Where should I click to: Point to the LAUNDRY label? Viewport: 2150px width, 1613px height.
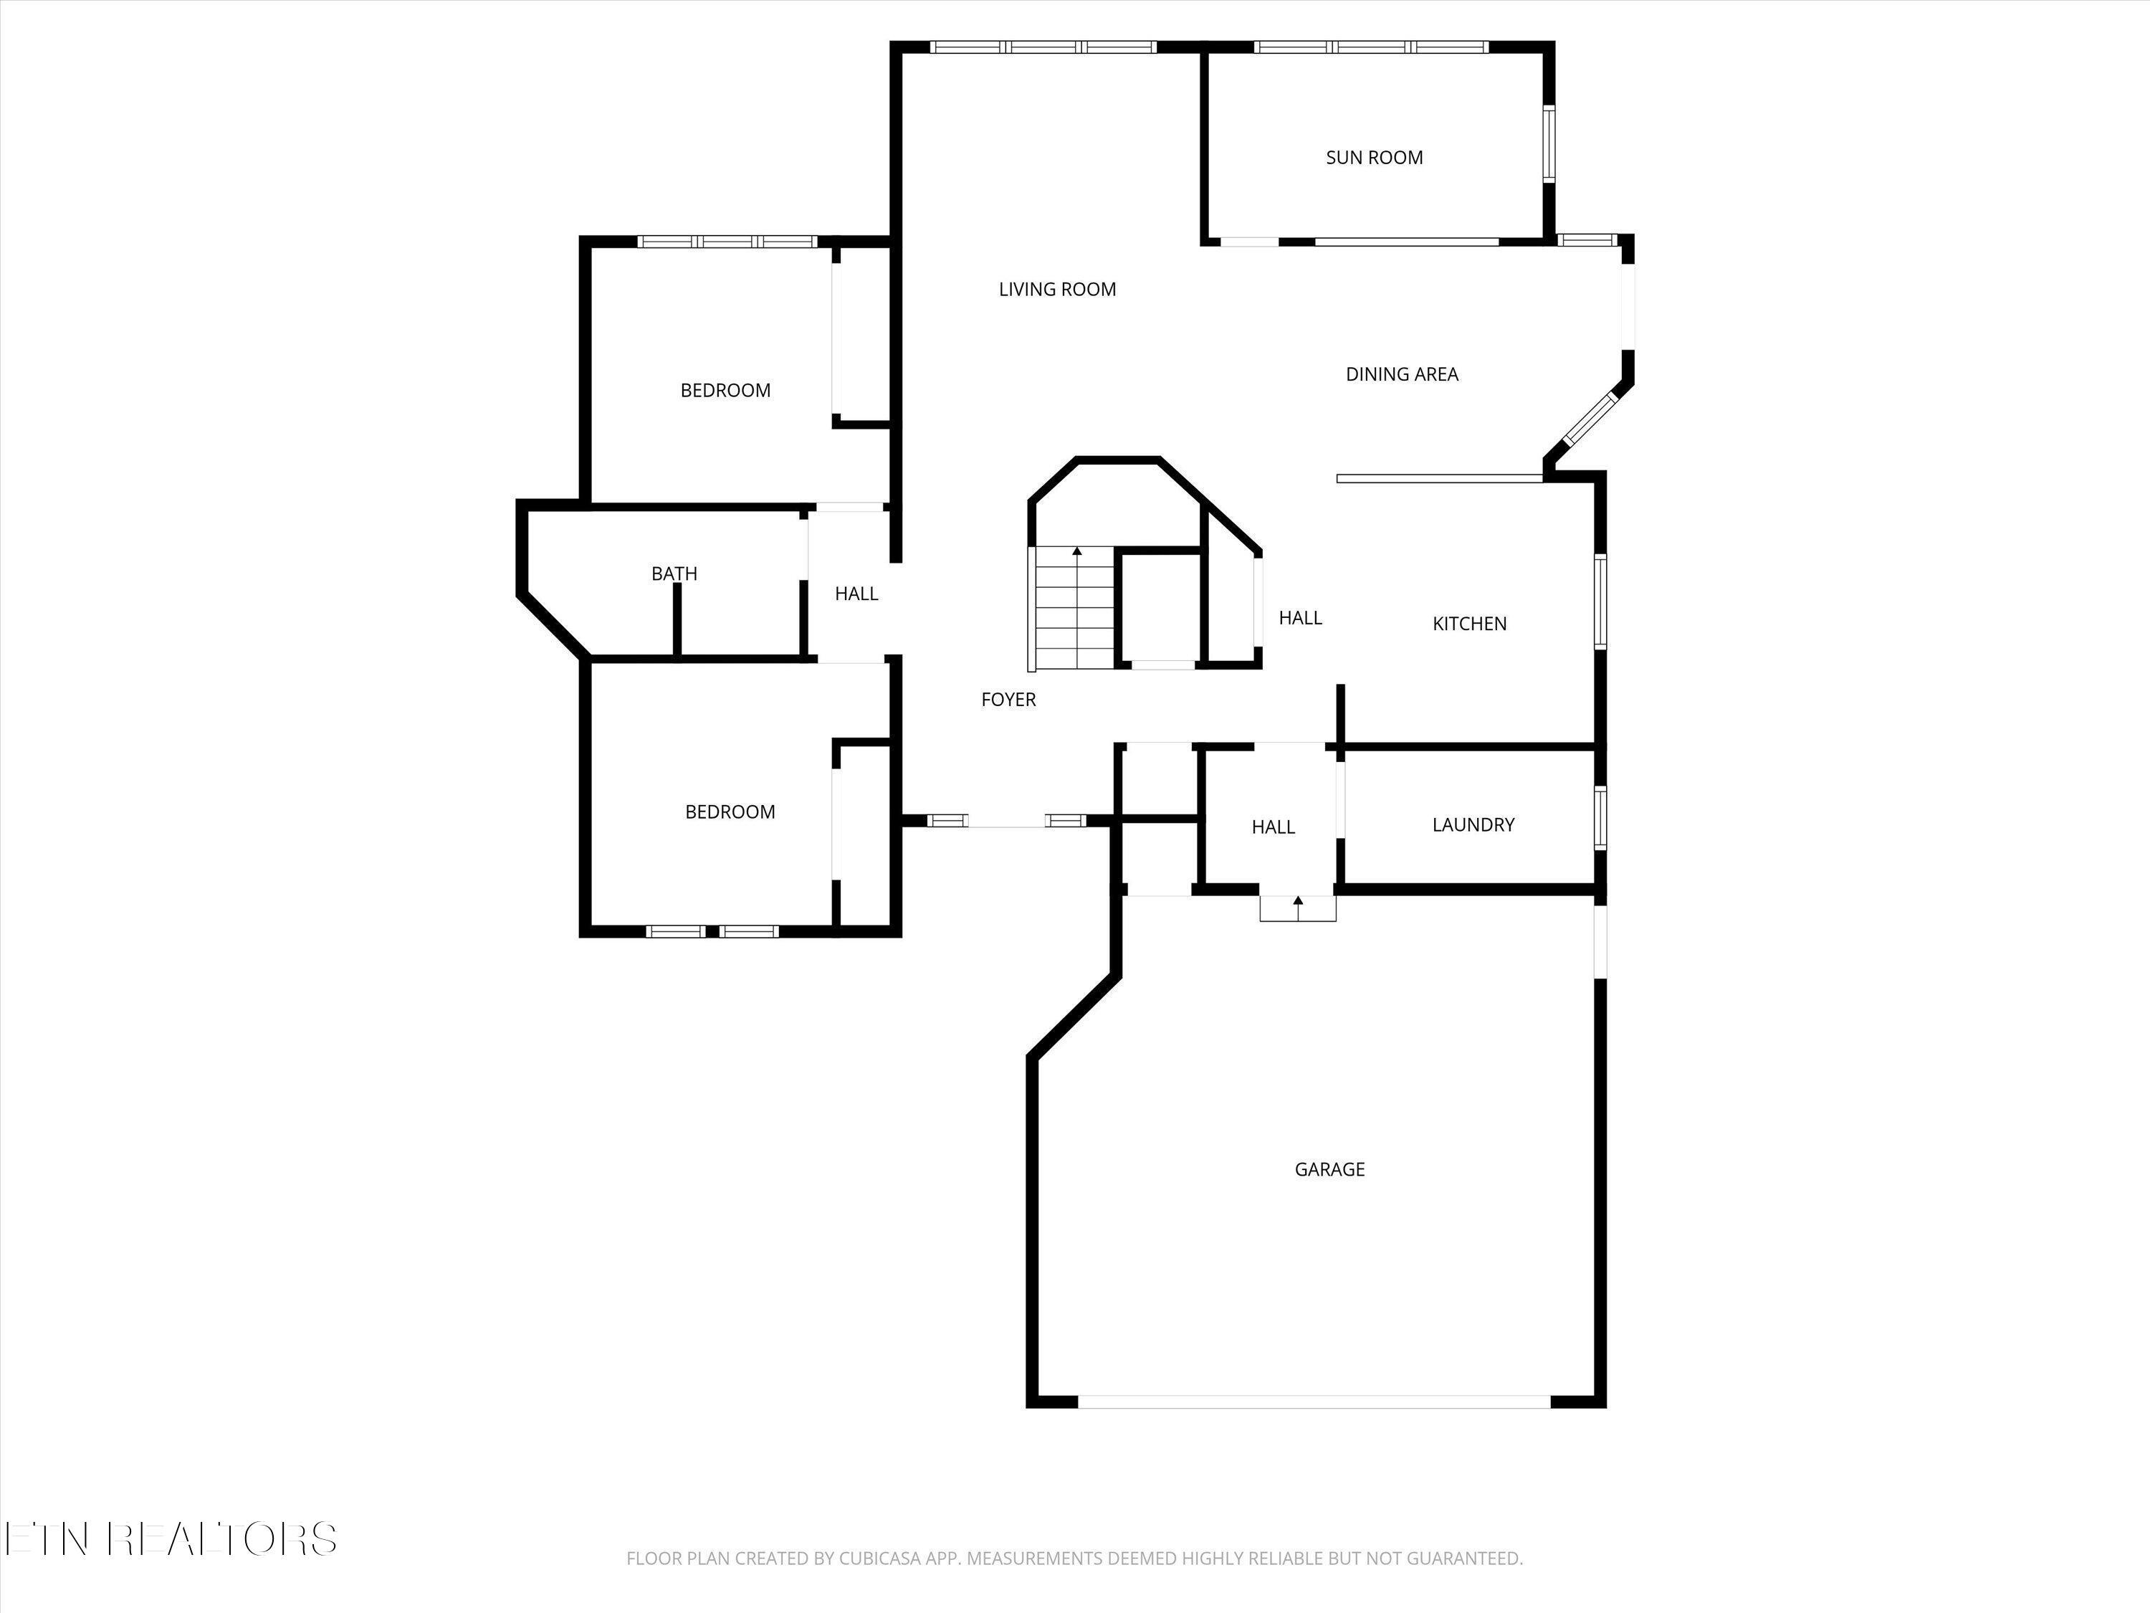tap(1473, 824)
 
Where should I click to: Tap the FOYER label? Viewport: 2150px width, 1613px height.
tap(1008, 699)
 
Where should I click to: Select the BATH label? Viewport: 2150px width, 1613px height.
tap(674, 574)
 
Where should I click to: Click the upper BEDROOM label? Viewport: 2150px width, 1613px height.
tap(725, 391)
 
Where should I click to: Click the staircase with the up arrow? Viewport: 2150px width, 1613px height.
tap(1074, 609)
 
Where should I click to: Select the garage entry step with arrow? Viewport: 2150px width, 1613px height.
tap(1298, 907)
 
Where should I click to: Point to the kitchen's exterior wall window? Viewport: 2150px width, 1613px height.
tap(1600, 601)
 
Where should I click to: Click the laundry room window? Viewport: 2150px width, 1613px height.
tap(1600, 819)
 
